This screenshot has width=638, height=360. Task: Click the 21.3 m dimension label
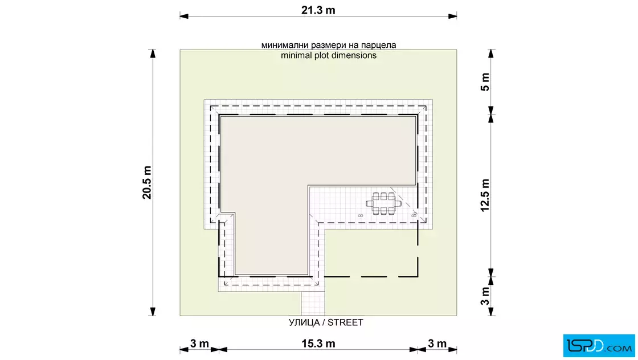click(318, 10)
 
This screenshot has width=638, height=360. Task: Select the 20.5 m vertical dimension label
click(147, 183)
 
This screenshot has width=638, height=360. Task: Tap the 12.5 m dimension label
click(485, 195)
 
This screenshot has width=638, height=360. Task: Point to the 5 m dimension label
click(485, 82)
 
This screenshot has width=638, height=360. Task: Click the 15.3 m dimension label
click(318, 343)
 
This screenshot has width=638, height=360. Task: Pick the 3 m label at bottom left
click(199, 343)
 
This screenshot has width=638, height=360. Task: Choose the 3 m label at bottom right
click(437, 343)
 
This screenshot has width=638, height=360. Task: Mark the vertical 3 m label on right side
click(485, 296)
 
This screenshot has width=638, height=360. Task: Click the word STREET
click(345, 322)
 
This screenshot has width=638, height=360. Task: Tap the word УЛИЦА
click(304, 322)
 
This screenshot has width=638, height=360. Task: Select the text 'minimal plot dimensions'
click(329, 55)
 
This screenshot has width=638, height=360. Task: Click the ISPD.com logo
click(599, 346)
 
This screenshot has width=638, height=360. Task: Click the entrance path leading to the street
click(313, 304)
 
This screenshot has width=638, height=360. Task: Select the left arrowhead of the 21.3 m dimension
click(184, 17)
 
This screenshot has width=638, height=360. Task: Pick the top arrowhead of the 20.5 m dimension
click(153, 54)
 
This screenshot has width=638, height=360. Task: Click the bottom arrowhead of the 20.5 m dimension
click(153, 312)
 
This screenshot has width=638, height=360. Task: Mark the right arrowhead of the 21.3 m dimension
click(452, 17)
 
